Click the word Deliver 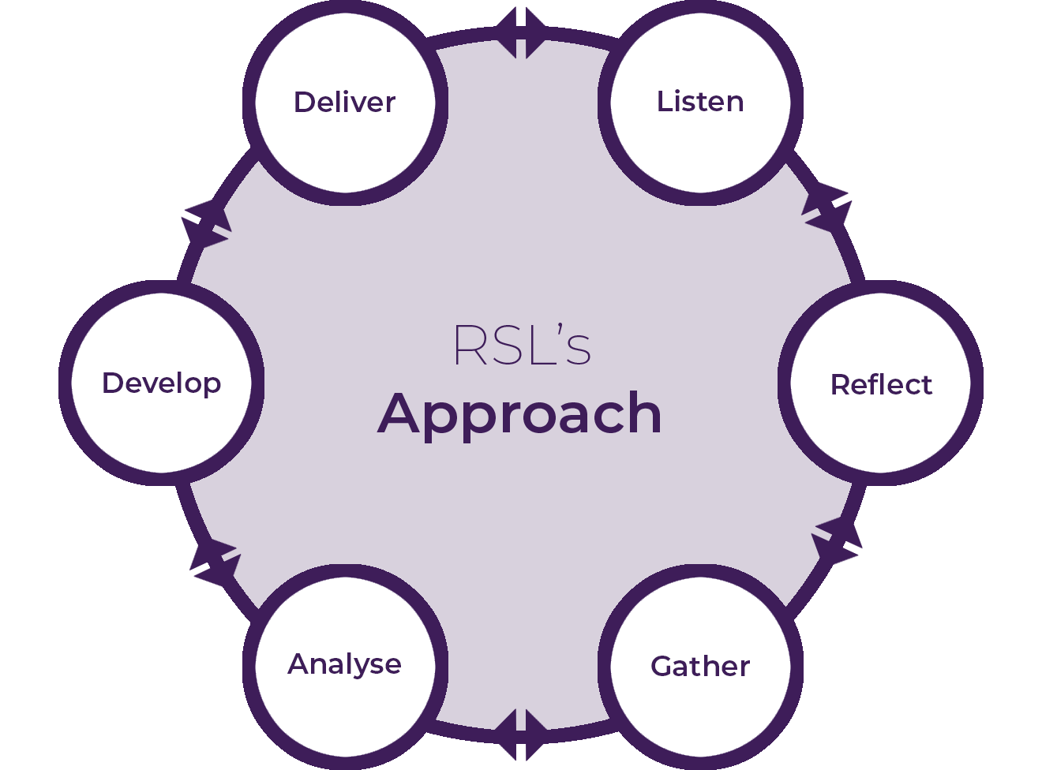[x=344, y=103]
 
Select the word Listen [x=700, y=102]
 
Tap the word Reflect [x=881, y=385]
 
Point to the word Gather [x=700, y=667]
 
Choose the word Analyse [x=344, y=664]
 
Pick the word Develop [x=161, y=383]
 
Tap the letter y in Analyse [x=353, y=667]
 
